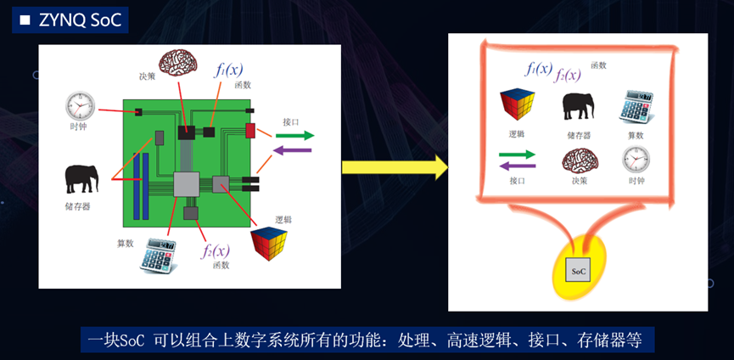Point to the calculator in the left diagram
pyautogui.click(x=159, y=254)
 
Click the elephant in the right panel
pyautogui.click(x=578, y=105)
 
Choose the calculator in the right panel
pyautogui.click(x=636, y=105)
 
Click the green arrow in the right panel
pyautogui.click(x=517, y=154)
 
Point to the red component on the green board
pyautogui.click(x=250, y=130)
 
